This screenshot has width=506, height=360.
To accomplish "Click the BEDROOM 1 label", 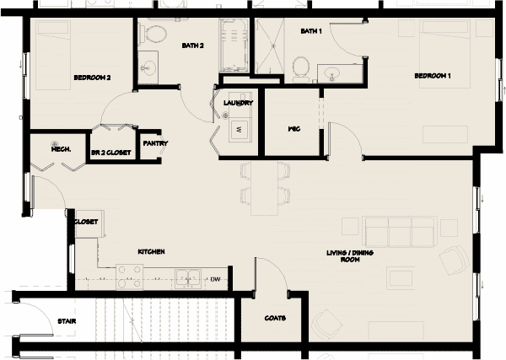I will tap(433, 77).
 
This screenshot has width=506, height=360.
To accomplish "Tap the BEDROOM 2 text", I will tap(93, 78).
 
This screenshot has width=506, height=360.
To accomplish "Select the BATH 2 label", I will tap(193, 46).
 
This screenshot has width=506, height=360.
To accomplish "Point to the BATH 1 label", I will tap(311, 32).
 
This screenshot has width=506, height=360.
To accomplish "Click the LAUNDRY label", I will tap(238, 104).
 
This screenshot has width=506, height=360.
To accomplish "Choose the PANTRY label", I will tap(155, 143).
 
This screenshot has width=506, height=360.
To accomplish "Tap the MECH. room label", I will tap(60, 149).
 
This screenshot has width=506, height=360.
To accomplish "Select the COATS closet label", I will tap(275, 319).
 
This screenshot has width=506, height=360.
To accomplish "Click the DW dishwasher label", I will tap(215, 279).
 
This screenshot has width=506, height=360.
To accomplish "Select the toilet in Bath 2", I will tap(153, 35).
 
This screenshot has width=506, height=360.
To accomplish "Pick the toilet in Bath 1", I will tap(301, 67).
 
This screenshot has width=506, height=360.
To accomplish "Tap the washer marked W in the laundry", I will tap(239, 129).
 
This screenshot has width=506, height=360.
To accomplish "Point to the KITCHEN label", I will tap(151, 252).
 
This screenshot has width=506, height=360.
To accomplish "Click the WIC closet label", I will tap(294, 130).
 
